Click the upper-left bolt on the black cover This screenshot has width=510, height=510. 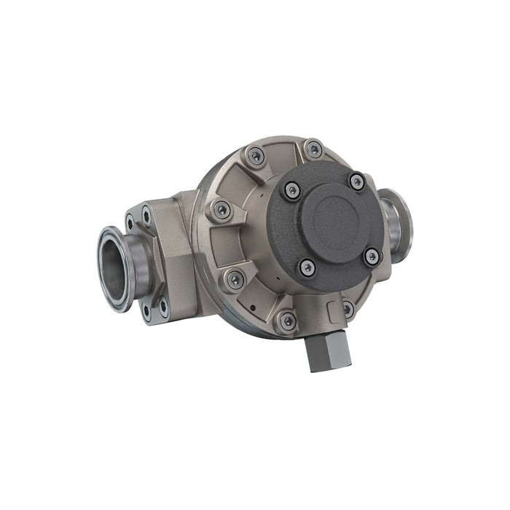click(291, 190)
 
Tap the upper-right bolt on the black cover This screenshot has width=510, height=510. click(356, 181)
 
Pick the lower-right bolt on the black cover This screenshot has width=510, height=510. click(372, 256)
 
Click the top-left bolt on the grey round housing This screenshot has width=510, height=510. click(255, 155)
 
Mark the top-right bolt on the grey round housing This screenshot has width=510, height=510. click(313, 150)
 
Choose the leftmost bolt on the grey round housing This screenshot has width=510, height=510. click(221, 211)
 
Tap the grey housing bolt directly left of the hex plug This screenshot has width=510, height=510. click(288, 320)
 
